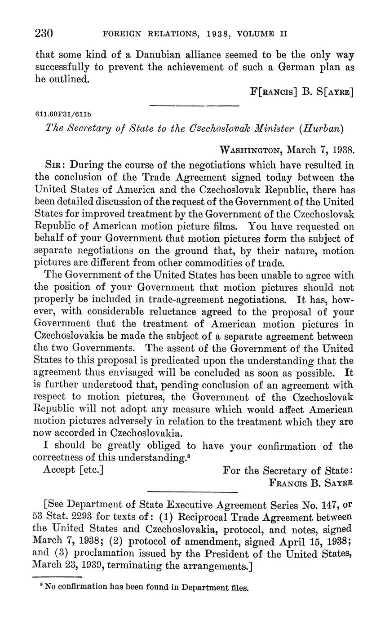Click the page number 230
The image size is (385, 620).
click(x=44, y=33)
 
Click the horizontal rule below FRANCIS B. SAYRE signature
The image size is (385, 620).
click(x=192, y=491)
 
